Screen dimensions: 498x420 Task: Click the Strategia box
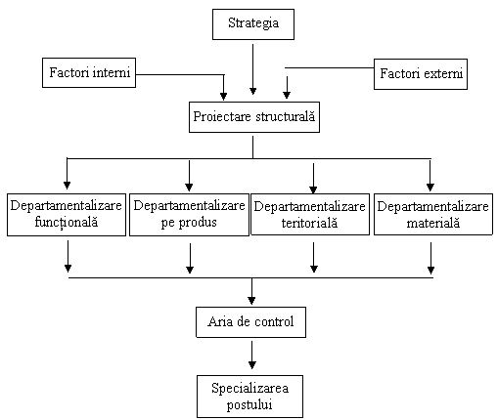(x=253, y=24)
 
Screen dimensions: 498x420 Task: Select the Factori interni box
(x=89, y=72)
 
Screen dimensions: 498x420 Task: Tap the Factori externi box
(x=421, y=74)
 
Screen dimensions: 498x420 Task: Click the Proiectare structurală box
(x=254, y=117)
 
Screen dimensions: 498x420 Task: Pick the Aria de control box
(x=250, y=322)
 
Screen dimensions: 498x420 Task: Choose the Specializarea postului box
(x=249, y=397)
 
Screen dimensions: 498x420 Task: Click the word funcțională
(x=67, y=223)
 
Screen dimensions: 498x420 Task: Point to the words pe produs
(x=189, y=223)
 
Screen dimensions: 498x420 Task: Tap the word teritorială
(x=309, y=223)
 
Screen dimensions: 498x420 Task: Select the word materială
(x=433, y=223)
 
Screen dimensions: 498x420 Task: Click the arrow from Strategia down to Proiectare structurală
(x=252, y=69)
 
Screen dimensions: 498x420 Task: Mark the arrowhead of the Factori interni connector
(x=223, y=96)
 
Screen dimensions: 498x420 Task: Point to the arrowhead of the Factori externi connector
(x=287, y=95)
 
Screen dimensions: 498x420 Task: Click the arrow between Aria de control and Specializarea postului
(x=251, y=355)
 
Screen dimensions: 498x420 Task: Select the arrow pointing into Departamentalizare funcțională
(x=67, y=174)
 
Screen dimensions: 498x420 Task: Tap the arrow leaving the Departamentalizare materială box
(x=430, y=258)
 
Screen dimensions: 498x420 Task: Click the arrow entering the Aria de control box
(x=251, y=291)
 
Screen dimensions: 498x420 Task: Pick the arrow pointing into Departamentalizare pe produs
(x=189, y=176)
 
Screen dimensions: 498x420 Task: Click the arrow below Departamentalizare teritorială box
(x=314, y=257)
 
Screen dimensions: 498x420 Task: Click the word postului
(x=249, y=404)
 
